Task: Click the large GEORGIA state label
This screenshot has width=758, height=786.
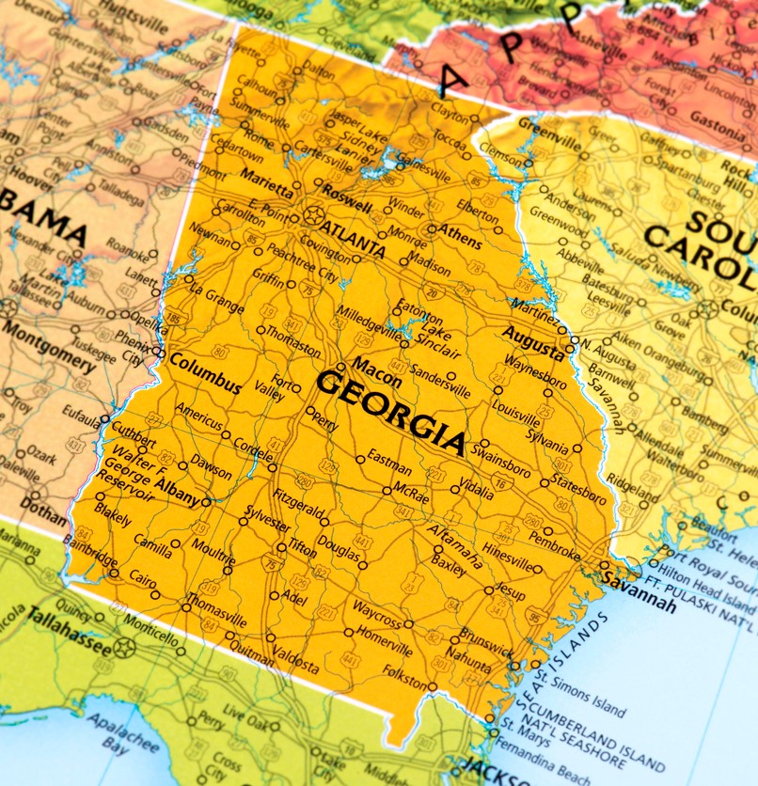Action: click(x=390, y=409)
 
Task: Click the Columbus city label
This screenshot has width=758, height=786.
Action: click(x=204, y=373)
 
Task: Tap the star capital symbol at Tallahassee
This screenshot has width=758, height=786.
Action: click(x=124, y=647)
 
